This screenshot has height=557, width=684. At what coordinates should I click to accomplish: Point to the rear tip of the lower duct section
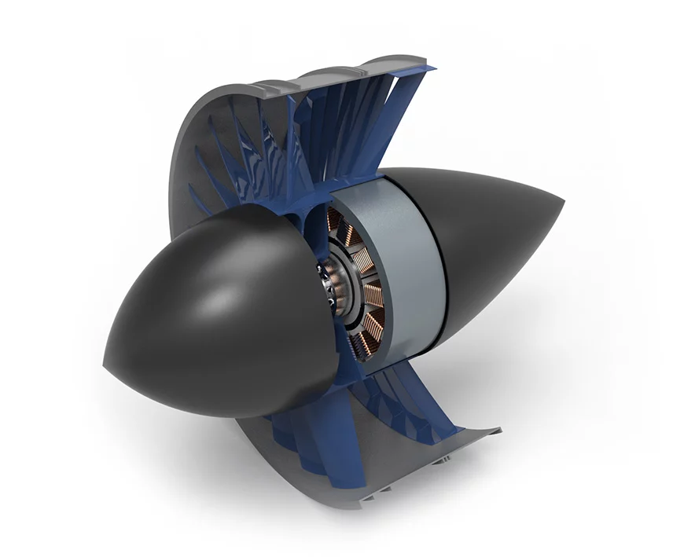[x=497, y=431]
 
